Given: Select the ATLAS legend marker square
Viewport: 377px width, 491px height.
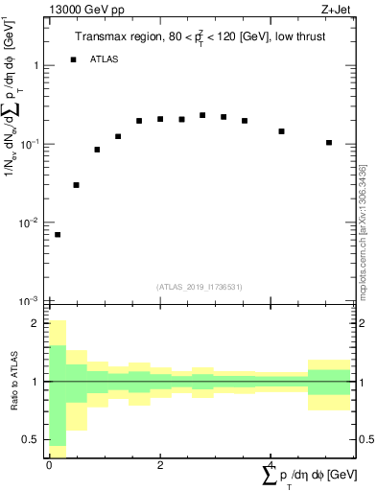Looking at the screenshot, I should [74, 59].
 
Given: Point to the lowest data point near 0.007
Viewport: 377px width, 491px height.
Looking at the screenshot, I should [58, 234].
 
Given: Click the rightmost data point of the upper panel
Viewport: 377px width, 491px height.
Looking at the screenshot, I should [329, 142].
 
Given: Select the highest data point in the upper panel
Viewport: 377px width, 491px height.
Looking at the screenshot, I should [202, 115].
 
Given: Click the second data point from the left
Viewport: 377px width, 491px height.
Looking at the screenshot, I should [76, 184].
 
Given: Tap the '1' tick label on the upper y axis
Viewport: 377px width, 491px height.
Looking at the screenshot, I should [34, 65].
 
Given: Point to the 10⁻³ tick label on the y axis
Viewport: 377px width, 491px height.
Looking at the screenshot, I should [30, 301].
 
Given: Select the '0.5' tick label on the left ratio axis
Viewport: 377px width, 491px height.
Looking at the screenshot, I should [32, 439].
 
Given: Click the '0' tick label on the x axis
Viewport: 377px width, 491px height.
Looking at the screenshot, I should [49, 464].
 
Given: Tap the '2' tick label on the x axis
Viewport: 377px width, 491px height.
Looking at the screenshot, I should [160, 464].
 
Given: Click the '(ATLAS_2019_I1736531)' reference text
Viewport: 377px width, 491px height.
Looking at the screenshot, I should [200, 287].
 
